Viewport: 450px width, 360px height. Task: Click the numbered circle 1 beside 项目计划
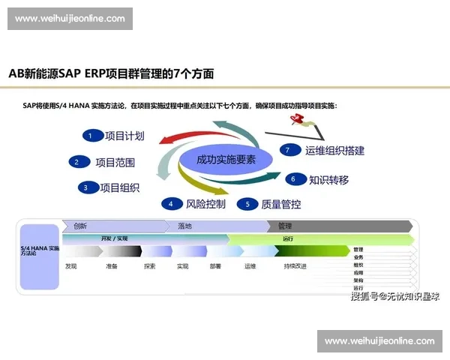click(x=91, y=136)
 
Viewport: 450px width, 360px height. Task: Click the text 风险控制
click(x=205, y=203)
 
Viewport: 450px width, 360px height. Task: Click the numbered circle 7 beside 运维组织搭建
click(x=286, y=150)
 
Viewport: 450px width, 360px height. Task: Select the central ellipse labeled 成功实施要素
click(x=226, y=160)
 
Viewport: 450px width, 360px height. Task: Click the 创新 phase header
click(x=81, y=226)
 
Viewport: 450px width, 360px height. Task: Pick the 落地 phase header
click(x=184, y=226)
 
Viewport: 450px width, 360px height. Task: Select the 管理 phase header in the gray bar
click(x=285, y=226)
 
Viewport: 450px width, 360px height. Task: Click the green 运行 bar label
click(x=288, y=238)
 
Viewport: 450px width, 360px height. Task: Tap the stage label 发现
click(x=71, y=266)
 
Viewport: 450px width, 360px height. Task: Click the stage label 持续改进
click(x=295, y=266)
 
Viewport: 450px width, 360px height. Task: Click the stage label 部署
click(x=215, y=266)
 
